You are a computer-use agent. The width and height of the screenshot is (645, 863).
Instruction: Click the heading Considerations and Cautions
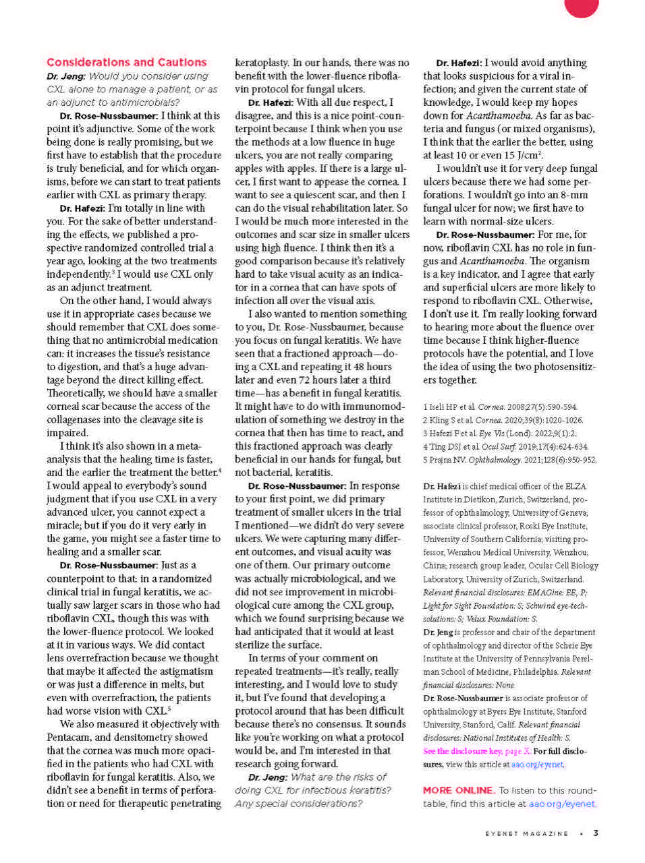pyautogui.click(x=126, y=62)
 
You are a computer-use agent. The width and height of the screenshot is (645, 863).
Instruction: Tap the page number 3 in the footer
pyautogui.click(x=596, y=833)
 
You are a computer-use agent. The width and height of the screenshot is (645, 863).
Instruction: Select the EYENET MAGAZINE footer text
pyautogui.click(x=527, y=833)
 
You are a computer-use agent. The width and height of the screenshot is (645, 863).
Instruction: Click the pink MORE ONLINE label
pyautogui.click(x=458, y=790)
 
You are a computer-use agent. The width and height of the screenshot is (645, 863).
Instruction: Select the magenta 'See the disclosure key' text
pyautogui.click(x=476, y=751)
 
